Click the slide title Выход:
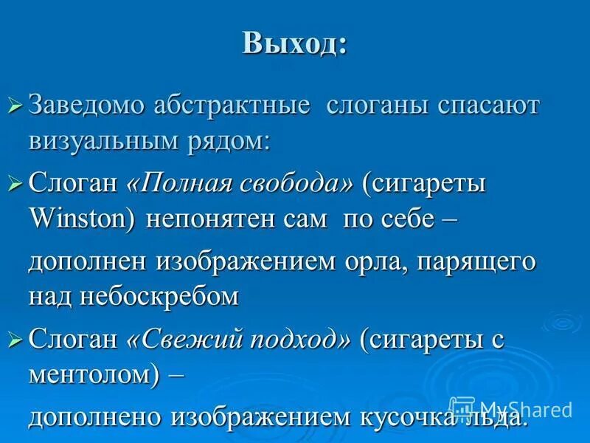[294, 45]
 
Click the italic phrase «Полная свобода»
[240, 182]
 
